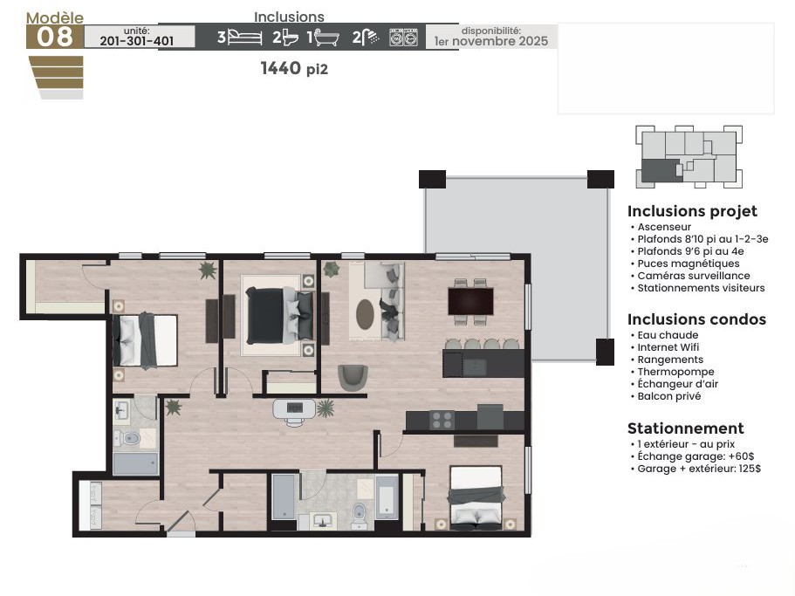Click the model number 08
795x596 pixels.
(x=55, y=37)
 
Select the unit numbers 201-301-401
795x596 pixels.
(x=137, y=41)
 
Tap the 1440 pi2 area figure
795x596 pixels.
(x=294, y=68)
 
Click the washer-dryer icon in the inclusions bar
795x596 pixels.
(x=403, y=38)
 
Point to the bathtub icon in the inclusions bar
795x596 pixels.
(x=326, y=38)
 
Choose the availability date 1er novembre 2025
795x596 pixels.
(x=491, y=41)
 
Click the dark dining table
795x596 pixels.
(x=470, y=301)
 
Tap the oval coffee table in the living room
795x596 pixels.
(x=365, y=314)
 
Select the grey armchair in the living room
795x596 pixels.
(x=353, y=378)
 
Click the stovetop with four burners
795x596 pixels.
(x=442, y=420)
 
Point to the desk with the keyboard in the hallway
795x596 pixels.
(x=295, y=409)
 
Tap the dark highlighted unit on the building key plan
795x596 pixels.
(x=661, y=170)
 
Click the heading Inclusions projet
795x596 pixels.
(x=692, y=211)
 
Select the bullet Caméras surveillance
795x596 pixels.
(x=693, y=276)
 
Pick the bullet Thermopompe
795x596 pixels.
(x=675, y=372)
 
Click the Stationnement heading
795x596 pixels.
(x=686, y=428)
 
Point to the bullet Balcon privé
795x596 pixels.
(x=668, y=396)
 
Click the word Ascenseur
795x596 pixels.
(x=664, y=227)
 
